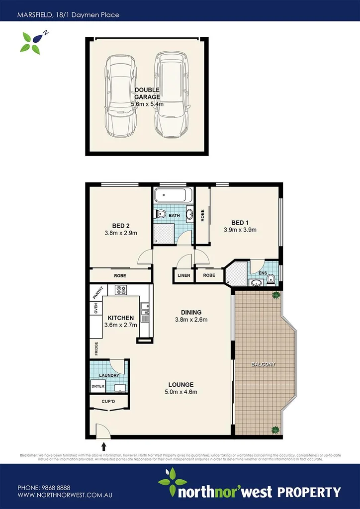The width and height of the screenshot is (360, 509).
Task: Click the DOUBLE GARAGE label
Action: [147, 93]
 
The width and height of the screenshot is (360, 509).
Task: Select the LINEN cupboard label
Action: [183, 275]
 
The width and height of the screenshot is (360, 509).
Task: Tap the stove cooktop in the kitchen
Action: [122, 290]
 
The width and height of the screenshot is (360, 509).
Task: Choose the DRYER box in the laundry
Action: [97, 386]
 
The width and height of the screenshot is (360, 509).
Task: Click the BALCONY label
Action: [264, 364]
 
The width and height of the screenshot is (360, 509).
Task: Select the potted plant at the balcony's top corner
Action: [274, 296]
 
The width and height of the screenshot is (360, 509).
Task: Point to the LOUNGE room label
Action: [180, 384]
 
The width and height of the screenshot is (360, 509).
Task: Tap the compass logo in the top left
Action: [32, 42]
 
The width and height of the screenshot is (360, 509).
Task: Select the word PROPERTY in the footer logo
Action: [309, 493]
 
